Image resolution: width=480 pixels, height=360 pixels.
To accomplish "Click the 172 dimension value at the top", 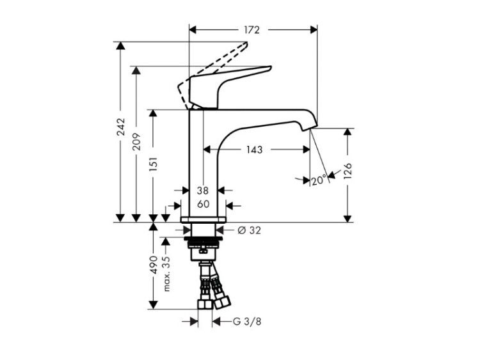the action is click(x=252, y=29).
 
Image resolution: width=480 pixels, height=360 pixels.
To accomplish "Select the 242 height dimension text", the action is click(x=121, y=127).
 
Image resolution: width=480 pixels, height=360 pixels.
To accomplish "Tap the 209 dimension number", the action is click(x=137, y=141).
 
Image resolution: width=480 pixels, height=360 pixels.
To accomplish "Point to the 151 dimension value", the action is click(x=154, y=164).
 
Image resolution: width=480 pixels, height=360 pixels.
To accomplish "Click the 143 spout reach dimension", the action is click(x=255, y=150).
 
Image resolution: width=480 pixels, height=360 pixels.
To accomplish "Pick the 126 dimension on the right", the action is click(x=348, y=171).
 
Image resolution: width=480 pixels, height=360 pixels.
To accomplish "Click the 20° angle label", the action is click(x=319, y=180).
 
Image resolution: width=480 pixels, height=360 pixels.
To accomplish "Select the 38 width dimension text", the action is click(x=203, y=191).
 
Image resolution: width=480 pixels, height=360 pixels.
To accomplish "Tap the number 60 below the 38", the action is click(x=203, y=204).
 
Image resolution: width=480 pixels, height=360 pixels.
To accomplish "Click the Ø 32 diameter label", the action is click(x=250, y=230).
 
